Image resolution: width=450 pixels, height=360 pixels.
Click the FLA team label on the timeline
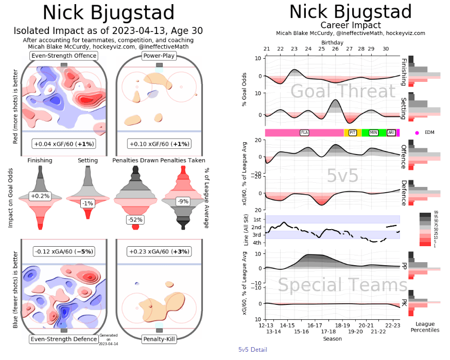304,133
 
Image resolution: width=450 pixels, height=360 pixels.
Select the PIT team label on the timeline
353,133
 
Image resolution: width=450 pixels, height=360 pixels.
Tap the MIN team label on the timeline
374,133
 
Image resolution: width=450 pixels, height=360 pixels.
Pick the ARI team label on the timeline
391,133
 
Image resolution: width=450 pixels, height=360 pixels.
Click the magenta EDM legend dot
417,133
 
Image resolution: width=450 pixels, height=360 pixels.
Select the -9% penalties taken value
182,201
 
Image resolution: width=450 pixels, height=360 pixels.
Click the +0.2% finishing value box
40,196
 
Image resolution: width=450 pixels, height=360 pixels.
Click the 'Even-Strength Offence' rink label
64,56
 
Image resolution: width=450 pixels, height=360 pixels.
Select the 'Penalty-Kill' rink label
159,339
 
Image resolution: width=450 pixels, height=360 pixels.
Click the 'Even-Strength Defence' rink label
64,339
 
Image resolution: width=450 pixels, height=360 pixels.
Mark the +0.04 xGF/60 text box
64,143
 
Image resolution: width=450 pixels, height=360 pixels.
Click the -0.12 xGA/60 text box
64,252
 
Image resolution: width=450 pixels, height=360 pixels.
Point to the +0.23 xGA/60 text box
159,252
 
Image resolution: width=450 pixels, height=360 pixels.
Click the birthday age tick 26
335,49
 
